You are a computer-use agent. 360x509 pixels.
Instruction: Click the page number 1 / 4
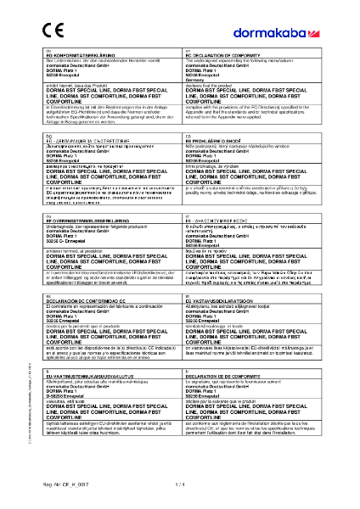tap(178, 483)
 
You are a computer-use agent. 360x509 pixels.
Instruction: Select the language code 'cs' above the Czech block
tap(186, 133)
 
